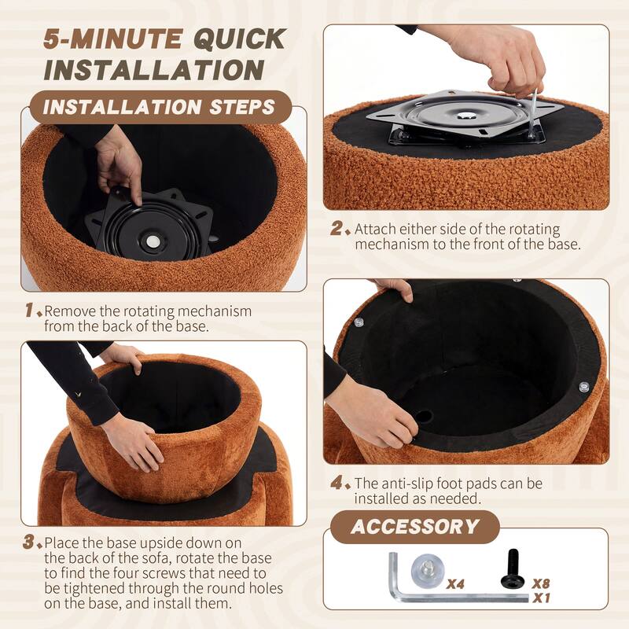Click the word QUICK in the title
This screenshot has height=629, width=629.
pos(240,39)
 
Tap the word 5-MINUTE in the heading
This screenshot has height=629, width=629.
pos(112,39)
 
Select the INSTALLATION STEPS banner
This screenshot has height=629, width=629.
pos(160,107)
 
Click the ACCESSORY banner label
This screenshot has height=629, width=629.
pos(415,527)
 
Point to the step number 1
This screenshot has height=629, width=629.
pos(30,310)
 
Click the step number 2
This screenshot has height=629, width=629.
pos(337,229)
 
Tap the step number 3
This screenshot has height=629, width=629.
pos(28,542)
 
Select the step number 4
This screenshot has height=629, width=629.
pos(337,483)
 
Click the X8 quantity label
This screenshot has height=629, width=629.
pos(540,583)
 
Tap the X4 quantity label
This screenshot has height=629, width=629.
pos(455,584)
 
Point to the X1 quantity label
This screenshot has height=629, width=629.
pos(541,598)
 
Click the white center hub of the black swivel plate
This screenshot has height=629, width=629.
pos(153,241)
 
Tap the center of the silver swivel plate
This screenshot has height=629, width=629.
pos(465,116)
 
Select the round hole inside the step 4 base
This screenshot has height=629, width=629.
pos(424,417)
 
